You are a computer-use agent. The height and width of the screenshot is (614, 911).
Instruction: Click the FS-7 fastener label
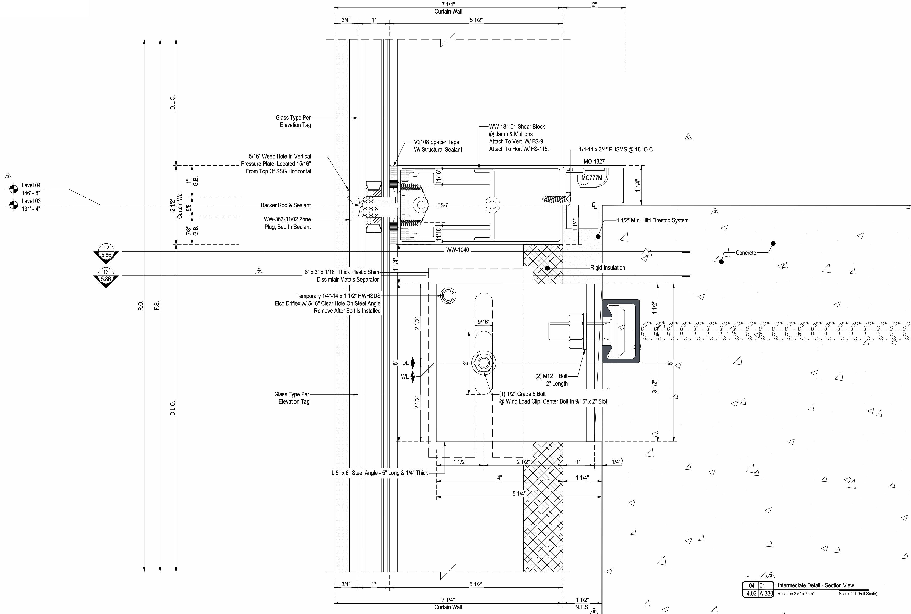click(x=443, y=205)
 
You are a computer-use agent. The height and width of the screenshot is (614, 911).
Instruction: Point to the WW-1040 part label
click(x=457, y=250)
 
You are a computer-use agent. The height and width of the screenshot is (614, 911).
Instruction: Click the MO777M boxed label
click(x=591, y=178)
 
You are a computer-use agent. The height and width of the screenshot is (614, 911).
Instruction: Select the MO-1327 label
click(x=594, y=161)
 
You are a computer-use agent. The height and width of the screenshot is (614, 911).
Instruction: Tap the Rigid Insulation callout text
click(x=608, y=268)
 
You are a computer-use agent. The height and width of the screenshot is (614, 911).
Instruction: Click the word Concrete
click(x=746, y=253)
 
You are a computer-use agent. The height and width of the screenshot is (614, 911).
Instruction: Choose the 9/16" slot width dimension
click(x=483, y=322)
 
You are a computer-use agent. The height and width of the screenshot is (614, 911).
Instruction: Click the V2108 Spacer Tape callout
click(x=438, y=146)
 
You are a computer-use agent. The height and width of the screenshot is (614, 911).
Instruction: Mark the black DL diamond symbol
click(x=412, y=363)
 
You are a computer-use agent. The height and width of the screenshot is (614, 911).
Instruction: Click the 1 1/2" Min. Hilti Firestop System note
click(x=653, y=220)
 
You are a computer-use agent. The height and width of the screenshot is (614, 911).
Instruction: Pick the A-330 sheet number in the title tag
click(x=766, y=593)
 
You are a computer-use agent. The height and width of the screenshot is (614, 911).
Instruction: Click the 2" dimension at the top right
click(x=594, y=4)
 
